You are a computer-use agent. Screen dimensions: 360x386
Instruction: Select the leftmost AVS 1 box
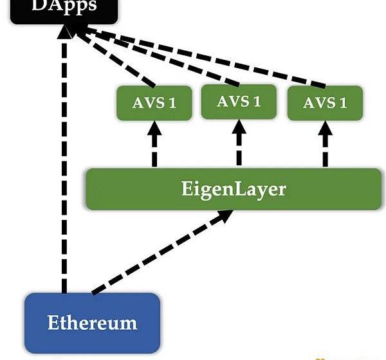coord(154,103)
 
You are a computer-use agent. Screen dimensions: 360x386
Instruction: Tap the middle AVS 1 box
coord(239,102)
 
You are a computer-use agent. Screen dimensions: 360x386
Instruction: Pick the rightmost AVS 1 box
coord(325,103)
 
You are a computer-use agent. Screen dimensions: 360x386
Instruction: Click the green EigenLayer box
coord(233,190)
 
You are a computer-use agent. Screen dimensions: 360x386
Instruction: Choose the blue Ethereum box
coord(92,321)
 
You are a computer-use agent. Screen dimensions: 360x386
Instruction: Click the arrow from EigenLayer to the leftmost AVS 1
coord(154,148)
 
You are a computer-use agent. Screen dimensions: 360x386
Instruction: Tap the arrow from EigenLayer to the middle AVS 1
coord(239,147)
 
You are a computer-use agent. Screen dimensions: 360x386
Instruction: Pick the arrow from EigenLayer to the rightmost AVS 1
coord(325,148)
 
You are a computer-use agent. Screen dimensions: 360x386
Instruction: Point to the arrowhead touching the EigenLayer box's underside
coord(225,218)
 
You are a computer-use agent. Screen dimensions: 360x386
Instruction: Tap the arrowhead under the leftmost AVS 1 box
coord(154,129)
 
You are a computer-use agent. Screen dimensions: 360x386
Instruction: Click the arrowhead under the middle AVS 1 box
coord(239,128)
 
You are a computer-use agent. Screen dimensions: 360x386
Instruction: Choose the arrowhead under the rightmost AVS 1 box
coord(325,129)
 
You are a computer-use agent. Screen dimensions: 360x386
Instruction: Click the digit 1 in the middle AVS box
coord(257,102)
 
